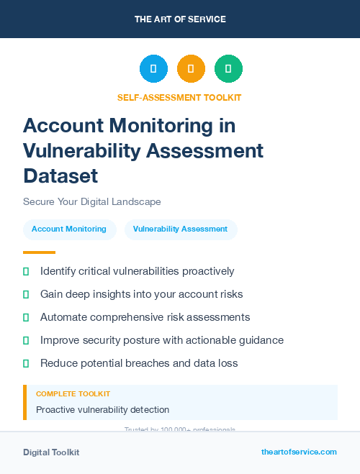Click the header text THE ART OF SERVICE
[x=180, y=19]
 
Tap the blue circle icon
[x=153, y=68]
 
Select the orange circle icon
[x=191, y=68]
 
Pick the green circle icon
[x=228, y=68]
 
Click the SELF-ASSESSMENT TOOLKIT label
[x=179, y=98]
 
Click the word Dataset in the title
[x=60, y=176]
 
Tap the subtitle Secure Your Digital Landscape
[x=92, y=201]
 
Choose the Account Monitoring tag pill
[x=69, y=229]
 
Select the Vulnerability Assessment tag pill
[x=180, y=229]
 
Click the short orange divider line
[x=39, y=252]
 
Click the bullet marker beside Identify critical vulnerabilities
[x=26, y=271]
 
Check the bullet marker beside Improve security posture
[x=26, y=340]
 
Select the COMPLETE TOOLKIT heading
[x=73, y=394]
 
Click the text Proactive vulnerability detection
[x=102, y=410]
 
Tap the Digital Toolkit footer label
[x=51, y=452]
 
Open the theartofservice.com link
[x=299, y=452]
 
